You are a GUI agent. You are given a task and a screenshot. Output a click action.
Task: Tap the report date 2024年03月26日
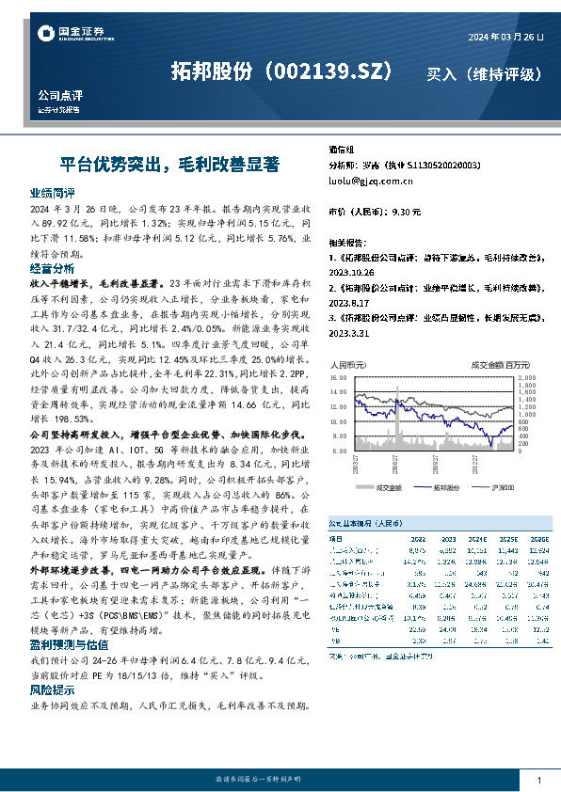click(x=505, y=36)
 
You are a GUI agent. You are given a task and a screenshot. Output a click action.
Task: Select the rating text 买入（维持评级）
click(x=484, y=72)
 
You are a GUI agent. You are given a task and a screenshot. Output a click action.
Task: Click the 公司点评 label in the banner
click(x=59, y=96)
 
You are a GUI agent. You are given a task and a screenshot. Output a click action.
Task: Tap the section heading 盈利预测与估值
click(x=64, y=647)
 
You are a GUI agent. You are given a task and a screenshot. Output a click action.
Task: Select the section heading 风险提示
click(x=52, y=689)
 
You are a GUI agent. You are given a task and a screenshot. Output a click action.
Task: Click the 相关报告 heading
click(x=348, y=242)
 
